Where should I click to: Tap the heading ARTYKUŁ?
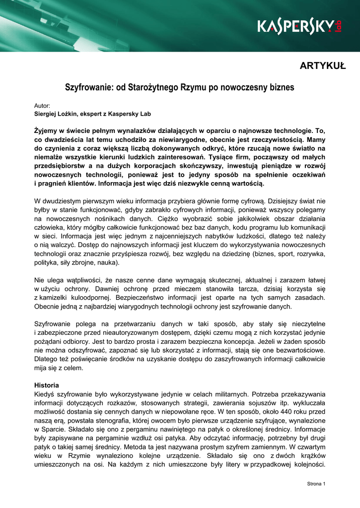tap(323, 66)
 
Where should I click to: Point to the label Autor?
tap(42, 106)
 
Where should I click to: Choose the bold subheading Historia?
tap(46, 385)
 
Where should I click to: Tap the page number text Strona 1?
tap(315, 484)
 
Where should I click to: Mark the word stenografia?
tap(115, 421)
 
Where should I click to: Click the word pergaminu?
tap(142, 430)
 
